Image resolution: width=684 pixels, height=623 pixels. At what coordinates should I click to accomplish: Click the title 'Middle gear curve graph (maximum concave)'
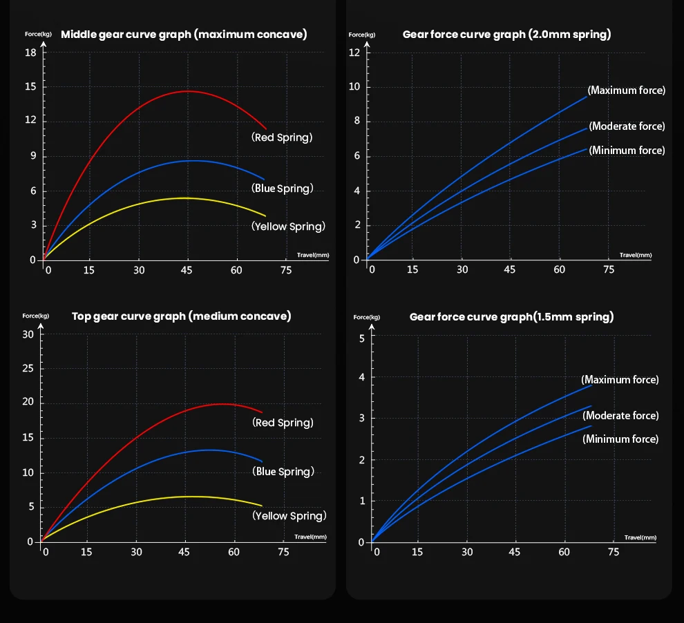[184, 34]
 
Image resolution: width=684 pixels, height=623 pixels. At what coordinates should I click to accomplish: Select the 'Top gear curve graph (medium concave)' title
[181, 316]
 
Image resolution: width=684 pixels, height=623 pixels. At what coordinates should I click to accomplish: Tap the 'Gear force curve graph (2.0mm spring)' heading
[506, 34]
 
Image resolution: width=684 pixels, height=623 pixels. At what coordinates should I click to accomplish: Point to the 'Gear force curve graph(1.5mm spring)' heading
[511, 316]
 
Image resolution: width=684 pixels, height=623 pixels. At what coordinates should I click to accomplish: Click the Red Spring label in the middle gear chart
[282, 137]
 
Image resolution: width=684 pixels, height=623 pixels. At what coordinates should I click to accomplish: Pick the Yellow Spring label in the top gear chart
[289, 516]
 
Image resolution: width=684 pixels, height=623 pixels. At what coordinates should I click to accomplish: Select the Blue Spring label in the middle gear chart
[283, 188]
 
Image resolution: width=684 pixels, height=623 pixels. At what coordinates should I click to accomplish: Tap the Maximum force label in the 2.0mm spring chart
[627, 90]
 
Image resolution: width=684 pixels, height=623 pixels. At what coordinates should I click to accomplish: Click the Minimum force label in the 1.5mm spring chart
[620, 439]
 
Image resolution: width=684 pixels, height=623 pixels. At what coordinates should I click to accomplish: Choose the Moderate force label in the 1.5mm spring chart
[620, 416]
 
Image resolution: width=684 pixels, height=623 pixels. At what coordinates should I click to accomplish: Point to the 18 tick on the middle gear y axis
[31, 53]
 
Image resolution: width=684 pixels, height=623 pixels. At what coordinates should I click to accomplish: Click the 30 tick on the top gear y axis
[28, 334]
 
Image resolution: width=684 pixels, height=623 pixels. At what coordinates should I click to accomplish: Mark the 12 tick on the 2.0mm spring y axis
[354, 52]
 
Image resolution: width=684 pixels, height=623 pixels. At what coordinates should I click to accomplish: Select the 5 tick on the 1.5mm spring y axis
[361, 338]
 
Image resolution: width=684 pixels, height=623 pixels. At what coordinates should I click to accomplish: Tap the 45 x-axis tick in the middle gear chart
[187, 270]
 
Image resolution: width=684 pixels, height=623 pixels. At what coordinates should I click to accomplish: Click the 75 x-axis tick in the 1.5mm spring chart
[614, 552]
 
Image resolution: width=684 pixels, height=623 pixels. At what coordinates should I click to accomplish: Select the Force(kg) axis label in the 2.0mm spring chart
[362, 35]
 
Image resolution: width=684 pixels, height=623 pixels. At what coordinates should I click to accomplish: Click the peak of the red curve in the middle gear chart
[188, 91]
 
